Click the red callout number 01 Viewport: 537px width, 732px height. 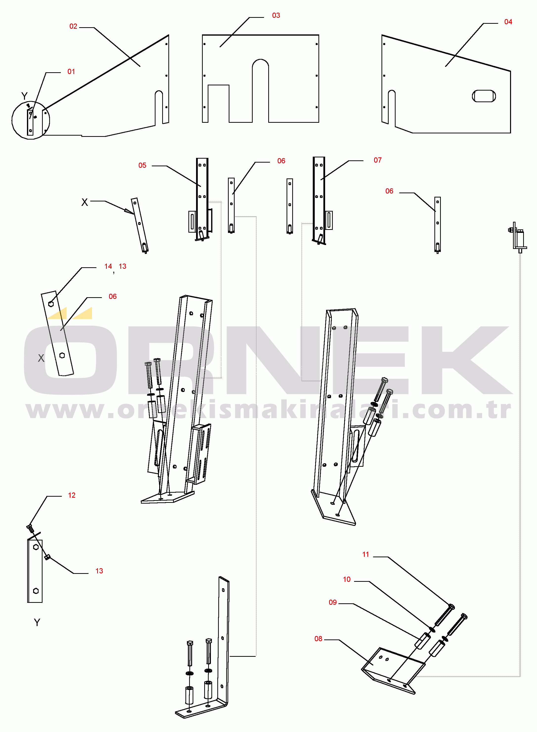[x=71, y=72]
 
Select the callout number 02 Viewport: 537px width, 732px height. [x=73, y=26]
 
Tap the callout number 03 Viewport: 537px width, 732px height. [x=276, y=16]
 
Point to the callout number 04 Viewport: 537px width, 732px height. [x=508, y=22]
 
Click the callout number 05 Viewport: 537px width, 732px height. [x=142, y=165]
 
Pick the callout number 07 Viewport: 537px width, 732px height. [x=377, y=160]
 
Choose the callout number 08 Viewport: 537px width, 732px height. [x=318, y=639]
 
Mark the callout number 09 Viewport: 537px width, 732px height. [x=333, y=602]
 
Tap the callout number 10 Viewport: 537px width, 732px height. [x=347, y=579]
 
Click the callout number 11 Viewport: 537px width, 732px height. [x=366, y=554]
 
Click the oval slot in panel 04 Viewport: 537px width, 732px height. [x=484, y=96]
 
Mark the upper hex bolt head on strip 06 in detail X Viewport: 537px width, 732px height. [x=51, y=304]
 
